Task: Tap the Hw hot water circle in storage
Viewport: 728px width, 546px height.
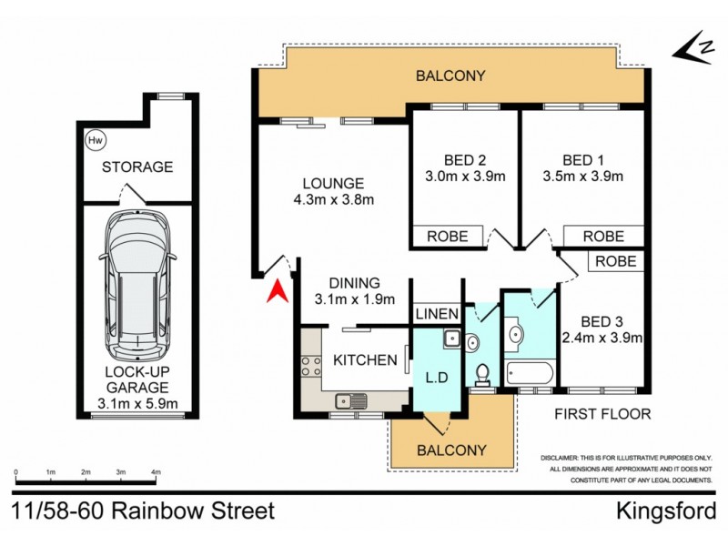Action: (94, 141)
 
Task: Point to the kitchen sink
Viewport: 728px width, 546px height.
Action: (349, 399)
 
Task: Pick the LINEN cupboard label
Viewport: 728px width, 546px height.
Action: (436, 314)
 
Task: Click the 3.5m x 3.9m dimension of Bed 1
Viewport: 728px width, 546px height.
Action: (582, 177)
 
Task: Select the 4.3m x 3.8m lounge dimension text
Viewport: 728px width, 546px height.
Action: (335, 200)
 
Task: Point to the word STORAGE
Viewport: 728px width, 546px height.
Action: (136, 167)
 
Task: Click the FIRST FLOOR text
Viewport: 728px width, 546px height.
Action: (603, 414)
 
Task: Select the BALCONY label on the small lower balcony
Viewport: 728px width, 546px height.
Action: (451, 450)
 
